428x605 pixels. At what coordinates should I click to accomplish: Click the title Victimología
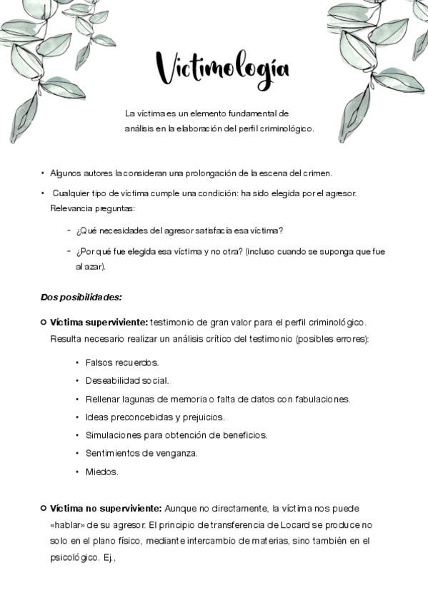coord(222,69)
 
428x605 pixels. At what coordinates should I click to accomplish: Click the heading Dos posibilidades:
coord(81,296)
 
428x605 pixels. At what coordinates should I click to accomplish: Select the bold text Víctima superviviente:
coord(99,322)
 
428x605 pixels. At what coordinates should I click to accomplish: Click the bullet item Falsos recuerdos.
coord(121,362)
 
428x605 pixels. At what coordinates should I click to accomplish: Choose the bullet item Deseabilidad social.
coord(126,380)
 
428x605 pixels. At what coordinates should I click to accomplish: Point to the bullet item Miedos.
coord(101,472)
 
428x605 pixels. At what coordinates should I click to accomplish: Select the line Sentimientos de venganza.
coord(141,453)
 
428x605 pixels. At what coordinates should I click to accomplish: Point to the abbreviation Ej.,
coord(109,558)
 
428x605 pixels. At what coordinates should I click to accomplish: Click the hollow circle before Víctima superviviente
coord(44,322)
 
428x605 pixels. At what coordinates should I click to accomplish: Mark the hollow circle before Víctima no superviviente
coord(44,508)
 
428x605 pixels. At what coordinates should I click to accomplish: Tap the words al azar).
coord(91,267)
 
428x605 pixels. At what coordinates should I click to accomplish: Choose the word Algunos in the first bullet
coord(66,173)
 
